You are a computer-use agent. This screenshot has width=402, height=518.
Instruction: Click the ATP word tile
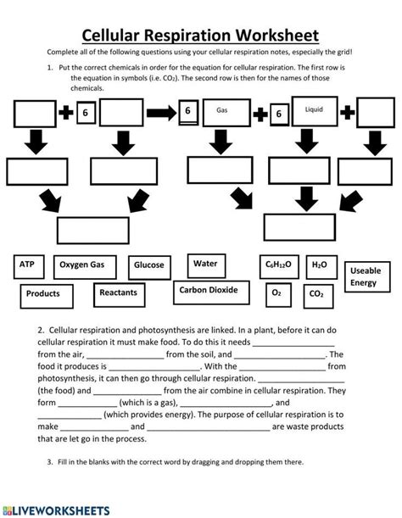click(29, 265)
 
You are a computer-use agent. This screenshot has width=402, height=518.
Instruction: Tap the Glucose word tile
click(149, 265)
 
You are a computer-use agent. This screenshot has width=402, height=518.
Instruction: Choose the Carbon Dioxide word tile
click(209, 291)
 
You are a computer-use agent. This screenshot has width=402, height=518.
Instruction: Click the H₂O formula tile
click(318, 265)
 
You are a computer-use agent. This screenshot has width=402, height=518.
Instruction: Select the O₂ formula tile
click(276, 292)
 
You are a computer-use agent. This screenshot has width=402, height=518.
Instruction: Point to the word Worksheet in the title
click(271, 36)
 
